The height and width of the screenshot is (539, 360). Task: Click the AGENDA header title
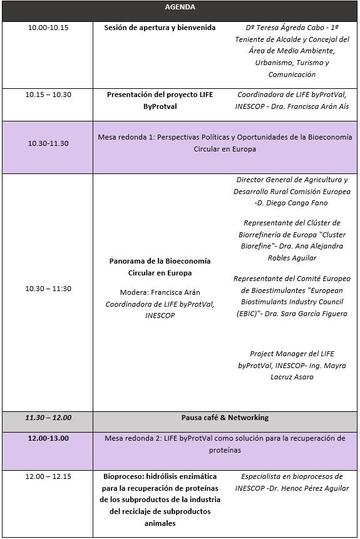pyautogui.click(x=180, y=8)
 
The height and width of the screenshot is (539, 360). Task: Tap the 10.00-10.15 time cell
pyautogui.click(x=48, y=28)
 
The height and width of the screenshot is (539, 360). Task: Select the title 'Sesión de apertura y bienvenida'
pyautogui.click(x=160, y=28)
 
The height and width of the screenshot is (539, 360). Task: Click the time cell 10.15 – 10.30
pyautogui.click(x=48, y=95)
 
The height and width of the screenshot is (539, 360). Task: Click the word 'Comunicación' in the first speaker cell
pyautogui.click(x=292, y=74)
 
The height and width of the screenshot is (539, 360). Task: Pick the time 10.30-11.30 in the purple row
pyautogui.click(x=48, y=143)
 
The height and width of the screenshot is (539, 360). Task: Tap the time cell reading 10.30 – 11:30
pyautogui.click(x=48, y=289)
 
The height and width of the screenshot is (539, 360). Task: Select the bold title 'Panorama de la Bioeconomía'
pyautogui.click(x=160, y=261)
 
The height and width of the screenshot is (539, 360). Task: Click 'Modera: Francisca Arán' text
pyautogui.click(x=160, y=292)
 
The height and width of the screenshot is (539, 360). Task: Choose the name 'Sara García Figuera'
pyautogui.click(x=316, y=314)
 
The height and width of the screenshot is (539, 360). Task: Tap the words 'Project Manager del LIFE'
pyautogui.click(x=292, y=354)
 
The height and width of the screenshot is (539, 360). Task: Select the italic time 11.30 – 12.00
pyautogui.click(x=48, y=418)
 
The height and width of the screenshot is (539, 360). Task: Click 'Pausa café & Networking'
pyautogui.click(x=225, y=418)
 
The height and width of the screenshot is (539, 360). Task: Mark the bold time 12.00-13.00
pyautogui.click(x=48, y=438)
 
